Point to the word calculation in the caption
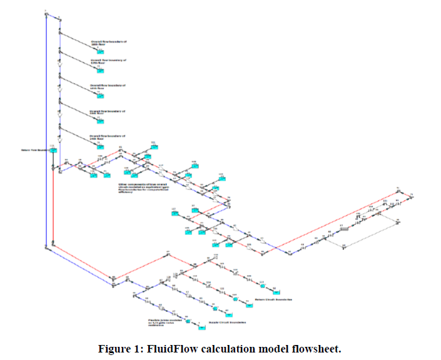tap(230, 348)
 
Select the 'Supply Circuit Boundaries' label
tap(227, 322)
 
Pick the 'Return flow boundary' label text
tap(33, 150)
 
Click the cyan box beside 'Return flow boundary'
tap(54, 150)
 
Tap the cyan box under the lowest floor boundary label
tap(99, 146)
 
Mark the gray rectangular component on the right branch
tap(343, 230)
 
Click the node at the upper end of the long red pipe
tap(398, 189)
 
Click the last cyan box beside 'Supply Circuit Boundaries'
tap(196, 322)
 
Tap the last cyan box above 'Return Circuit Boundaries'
tap(275, 290)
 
